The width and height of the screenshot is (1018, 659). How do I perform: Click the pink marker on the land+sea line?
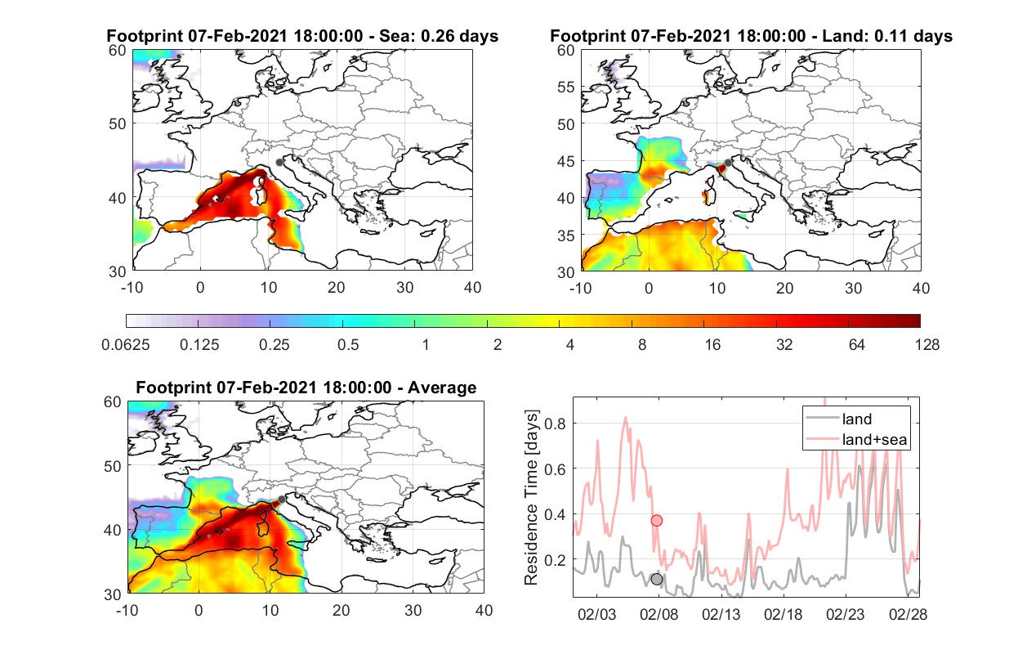pyautogui.click(x=656, y=520)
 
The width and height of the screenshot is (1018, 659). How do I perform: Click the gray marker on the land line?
pyautogui.click(x=656, y=579)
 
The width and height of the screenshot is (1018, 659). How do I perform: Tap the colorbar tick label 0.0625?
pyautogui.click(x=126, y=345)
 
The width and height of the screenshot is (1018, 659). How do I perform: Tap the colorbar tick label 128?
pyautogui.click(x=927, y=345)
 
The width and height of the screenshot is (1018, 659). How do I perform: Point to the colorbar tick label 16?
pyautogui.click(x=712, y=345)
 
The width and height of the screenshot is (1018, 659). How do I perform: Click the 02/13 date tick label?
pyautogui.click(x=721, y=614)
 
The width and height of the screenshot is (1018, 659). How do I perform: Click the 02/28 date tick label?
pyautogui.click(x=908, y=614)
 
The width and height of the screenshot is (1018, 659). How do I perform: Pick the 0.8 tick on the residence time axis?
pyautogui.click(x=555, y=424)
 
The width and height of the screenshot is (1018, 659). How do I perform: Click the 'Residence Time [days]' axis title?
pyautogui.click(x=531, y=498)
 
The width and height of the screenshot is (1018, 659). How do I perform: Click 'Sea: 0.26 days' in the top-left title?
pyautogui.click(x=439, y=36)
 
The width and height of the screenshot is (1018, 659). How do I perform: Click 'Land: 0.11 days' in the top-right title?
pyautogui.click(x=887, y=36)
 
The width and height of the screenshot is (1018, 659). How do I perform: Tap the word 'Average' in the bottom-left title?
pyautogui.click(x=442, y=388)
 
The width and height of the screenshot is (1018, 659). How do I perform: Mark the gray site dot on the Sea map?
pyautogui.click(x=279, y=163)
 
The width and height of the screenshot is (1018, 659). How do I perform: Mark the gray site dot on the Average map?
pyautogui.click(x=282, y=500)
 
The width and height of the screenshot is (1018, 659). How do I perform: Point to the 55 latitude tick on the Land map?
pyautogui.click(x=566, y=87)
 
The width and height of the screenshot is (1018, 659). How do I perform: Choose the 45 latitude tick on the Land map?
pyautogui.click(x=566, y=161)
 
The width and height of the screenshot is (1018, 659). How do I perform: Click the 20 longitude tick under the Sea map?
pyautogui.click(x=337, y=288)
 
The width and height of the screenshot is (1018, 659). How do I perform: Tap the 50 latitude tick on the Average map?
pyautogui.click(x=113, y=466)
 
